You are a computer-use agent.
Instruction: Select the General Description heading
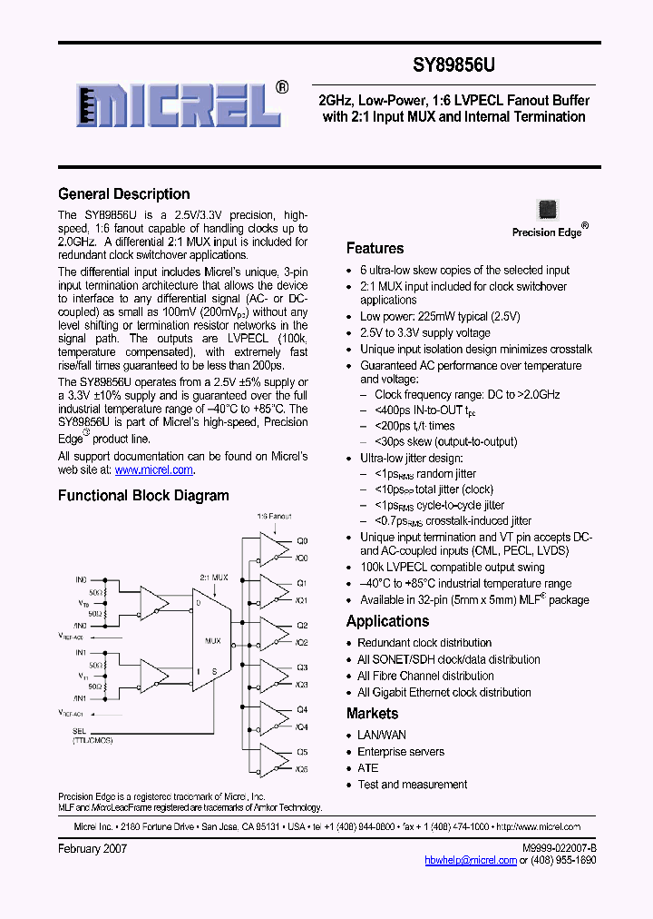(x=124, y=193)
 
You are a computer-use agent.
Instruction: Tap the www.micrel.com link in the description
(x=154, y=469)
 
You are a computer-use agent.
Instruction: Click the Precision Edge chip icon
(x=548, y=209)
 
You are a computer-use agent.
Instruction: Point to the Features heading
(x=375, y=248)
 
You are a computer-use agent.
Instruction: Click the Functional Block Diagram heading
(x=143, y=496)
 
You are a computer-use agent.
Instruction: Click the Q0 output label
(x=302, y=539)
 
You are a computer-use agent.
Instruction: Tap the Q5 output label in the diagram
(x=302, y=752)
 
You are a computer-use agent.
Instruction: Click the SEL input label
(x=79, y=730)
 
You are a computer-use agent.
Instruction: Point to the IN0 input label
(x=80, y=578)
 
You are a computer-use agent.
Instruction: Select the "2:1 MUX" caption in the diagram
(x=213, y=577)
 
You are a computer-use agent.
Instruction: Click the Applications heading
(x=387, y=621)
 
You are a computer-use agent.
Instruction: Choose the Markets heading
(x=372, y=714)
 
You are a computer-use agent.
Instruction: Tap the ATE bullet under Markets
(x=367, y=768)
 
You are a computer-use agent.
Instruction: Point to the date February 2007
(x=93, y=848)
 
